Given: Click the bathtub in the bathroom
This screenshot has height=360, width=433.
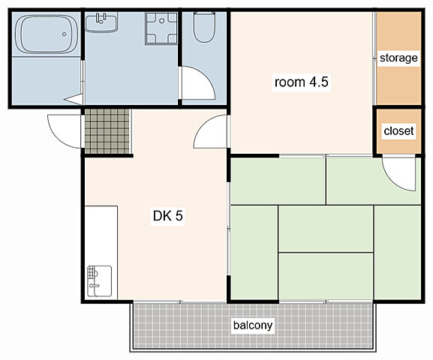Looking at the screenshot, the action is coord(47,34).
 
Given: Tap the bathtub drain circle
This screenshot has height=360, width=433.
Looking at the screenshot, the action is coord(64,34).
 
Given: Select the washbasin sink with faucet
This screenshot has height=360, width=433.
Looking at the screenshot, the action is coord(101,22).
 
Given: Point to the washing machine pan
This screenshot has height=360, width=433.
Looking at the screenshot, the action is coord(161,28).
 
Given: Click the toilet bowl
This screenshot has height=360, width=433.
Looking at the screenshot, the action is coord(204,27).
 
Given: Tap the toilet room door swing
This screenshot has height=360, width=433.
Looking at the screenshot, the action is coord(198,82).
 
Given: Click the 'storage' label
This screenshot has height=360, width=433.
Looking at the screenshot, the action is coord(398,58).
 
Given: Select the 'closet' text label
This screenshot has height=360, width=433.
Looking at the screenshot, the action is coord(398,130).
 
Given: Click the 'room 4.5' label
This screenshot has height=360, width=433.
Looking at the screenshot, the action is coord(301,82).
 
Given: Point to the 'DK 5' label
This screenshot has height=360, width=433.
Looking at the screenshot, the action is coord(168,216).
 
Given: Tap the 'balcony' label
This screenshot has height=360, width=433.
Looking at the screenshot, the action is coord(253,325).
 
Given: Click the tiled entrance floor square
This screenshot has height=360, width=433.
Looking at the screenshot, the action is coord(107,131).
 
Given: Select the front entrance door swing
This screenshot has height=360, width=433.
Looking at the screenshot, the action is coord(65,131).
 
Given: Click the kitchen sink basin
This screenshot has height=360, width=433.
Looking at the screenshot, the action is coord(99,281).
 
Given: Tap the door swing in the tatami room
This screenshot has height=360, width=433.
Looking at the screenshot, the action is coord(399,174).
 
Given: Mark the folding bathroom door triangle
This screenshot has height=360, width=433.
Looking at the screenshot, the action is coord(74,100).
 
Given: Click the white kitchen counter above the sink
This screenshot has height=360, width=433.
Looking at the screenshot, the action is coord(101,235).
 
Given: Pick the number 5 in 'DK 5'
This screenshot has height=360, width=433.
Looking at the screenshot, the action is coord(179,216).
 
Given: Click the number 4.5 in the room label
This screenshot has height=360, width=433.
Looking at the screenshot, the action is coord(319,82).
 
